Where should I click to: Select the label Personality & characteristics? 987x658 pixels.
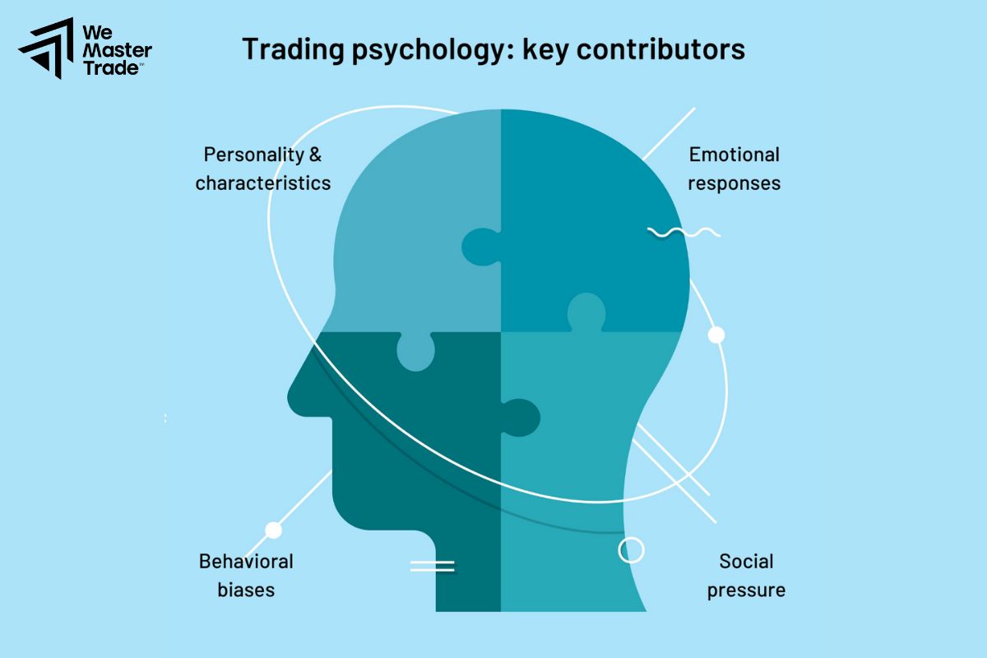pos(262,168)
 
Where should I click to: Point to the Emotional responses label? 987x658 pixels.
pos(734,168)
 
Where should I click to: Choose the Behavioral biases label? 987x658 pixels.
pos(246,575)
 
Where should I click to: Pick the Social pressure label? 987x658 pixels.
pos(746,575)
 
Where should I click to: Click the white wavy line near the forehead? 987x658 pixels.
pos(683,233)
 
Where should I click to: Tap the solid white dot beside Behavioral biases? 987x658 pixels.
pos(273,531)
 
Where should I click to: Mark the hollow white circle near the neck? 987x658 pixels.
pos(631,549)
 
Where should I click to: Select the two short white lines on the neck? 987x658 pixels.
pos(433,565)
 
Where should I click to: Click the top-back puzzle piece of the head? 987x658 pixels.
pos(592,214)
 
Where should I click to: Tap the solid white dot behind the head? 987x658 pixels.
pos(716,335)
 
